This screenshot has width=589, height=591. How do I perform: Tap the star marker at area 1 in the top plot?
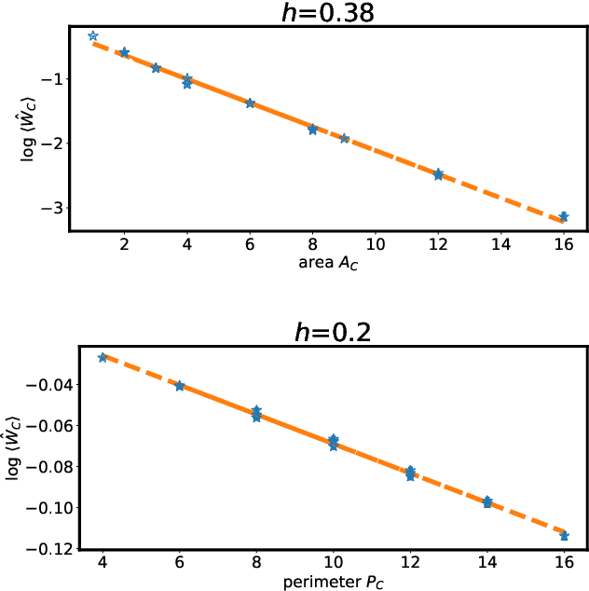pyautogui.click(x=93, y=35)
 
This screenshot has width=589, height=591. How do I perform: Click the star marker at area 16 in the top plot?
pyautogui.click(x=563, y=216)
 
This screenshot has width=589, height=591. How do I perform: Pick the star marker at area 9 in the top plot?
pyautogui.click(x=344, y=138)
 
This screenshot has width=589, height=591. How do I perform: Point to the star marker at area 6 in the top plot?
pyautogui.click(x=250, y=103)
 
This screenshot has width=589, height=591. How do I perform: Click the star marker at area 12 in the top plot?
pyautogui.click(x=438, y=174)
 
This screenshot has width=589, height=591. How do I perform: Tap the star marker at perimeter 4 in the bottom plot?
pyautogui.click(x=103, y=357)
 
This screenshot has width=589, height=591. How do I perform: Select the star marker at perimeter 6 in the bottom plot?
pyautogui.click(x=180, y=385)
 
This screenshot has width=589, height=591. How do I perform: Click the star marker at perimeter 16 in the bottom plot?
pyautogui.click(x=564, y=535)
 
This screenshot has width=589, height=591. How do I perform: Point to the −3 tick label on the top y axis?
pyautogui.click(x=48, y=208)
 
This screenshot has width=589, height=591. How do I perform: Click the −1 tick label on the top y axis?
pyautogui.click(x=48, y=79)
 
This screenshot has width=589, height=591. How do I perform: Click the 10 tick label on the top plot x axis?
pyautogui.click(x=376, y=244)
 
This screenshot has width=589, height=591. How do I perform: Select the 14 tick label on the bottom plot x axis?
pyautogui.click(x=486, y=565)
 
